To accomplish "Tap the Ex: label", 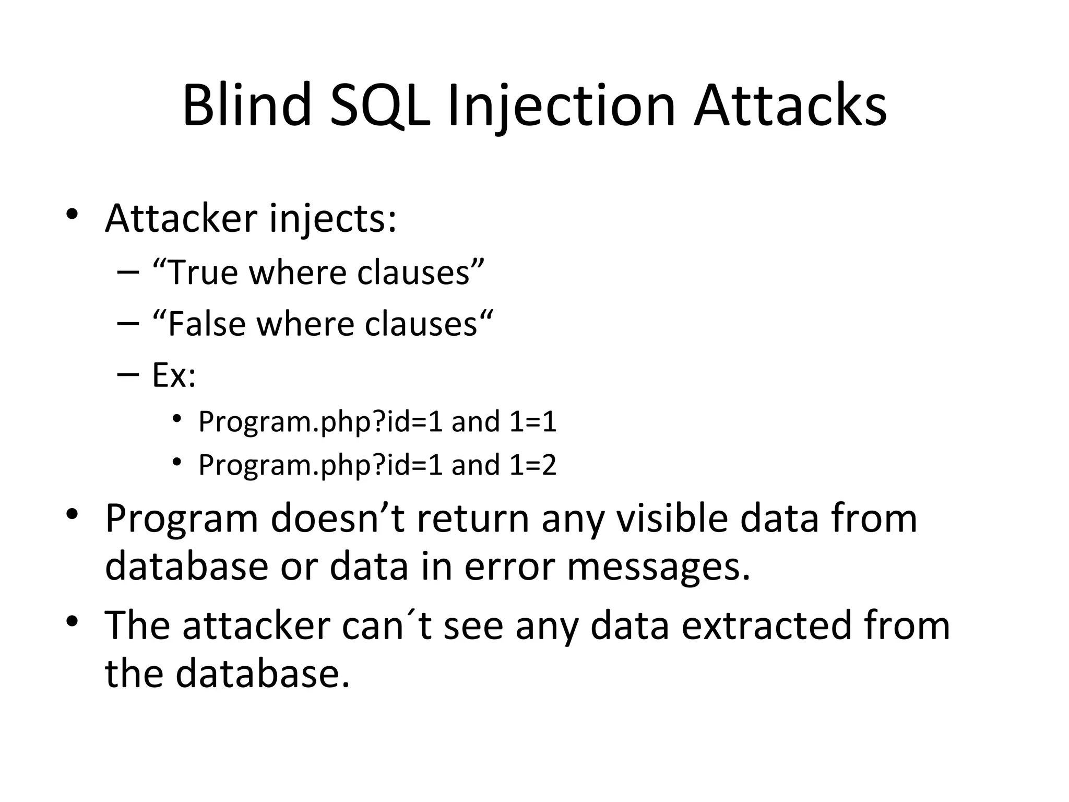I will click(x=174, y=375).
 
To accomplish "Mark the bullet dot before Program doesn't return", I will click(x=72, y=515).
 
